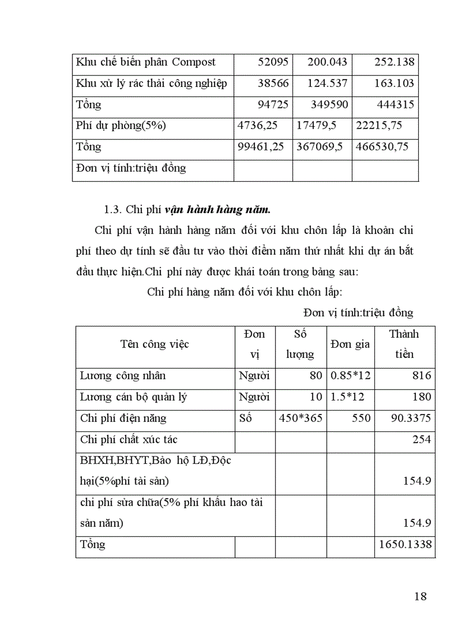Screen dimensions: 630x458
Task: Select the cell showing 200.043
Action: [x=327, y=62]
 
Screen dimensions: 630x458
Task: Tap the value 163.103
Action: [x=394, y=84]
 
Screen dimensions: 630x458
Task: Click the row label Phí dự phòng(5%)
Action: [x=121, y=126]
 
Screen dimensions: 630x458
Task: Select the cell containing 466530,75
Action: [x=382, y=147]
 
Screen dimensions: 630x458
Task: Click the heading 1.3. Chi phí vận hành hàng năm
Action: [x=187, y=210]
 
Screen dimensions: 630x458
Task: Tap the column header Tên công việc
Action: [x=154, y=344]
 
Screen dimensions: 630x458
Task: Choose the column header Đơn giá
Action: [x=350, y=344]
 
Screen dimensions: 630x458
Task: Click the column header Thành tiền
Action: [x=404, y=344]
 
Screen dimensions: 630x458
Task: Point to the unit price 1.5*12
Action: [x=347, y=397]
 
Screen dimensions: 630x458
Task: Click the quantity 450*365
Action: [x=300, y=419]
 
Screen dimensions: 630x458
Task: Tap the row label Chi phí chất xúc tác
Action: [x=129, y=440]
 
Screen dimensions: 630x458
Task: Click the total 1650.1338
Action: [x=405, y=545]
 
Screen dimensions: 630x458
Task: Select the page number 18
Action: [x=420, y=596]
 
